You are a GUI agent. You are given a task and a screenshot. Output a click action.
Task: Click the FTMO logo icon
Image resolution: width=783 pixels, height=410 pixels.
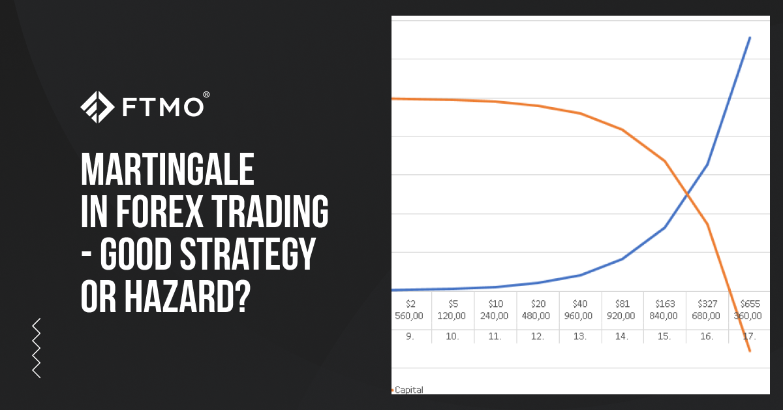(x=98, y=107)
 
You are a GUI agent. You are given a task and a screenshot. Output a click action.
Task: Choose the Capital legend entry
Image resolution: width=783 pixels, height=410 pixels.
(x=408, y=390)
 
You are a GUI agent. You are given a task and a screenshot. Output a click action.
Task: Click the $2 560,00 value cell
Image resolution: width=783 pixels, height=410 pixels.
(x=410, y=310)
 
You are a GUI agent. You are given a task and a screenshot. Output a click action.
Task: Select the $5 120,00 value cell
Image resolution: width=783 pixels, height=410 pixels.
(x=452, y=310)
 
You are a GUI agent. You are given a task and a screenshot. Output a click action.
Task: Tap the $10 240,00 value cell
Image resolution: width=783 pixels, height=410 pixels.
(x=495, y=310)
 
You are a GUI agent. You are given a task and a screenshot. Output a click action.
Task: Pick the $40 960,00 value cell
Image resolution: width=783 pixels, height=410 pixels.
(x=579, y=310)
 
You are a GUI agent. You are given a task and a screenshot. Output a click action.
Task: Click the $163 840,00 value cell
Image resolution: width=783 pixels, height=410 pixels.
(x=664, y=310)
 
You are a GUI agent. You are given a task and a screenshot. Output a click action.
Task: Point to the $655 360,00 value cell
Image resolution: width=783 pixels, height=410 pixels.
(x=748, y=310)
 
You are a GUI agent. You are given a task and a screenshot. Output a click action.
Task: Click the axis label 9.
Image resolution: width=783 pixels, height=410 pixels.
(x=410, y=336)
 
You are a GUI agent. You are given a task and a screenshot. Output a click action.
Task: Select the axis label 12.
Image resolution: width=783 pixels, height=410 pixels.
(x=537, y=336)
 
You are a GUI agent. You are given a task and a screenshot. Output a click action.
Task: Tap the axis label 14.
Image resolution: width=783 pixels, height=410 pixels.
(x=622, y=336)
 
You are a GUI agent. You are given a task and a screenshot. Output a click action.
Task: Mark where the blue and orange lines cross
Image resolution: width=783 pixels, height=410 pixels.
(x=687, y=194)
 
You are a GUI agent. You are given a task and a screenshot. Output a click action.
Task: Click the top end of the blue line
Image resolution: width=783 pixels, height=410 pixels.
(x=750, y=38)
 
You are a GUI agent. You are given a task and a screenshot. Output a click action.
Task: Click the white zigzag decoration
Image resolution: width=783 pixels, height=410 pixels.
(x=37, y=348)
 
